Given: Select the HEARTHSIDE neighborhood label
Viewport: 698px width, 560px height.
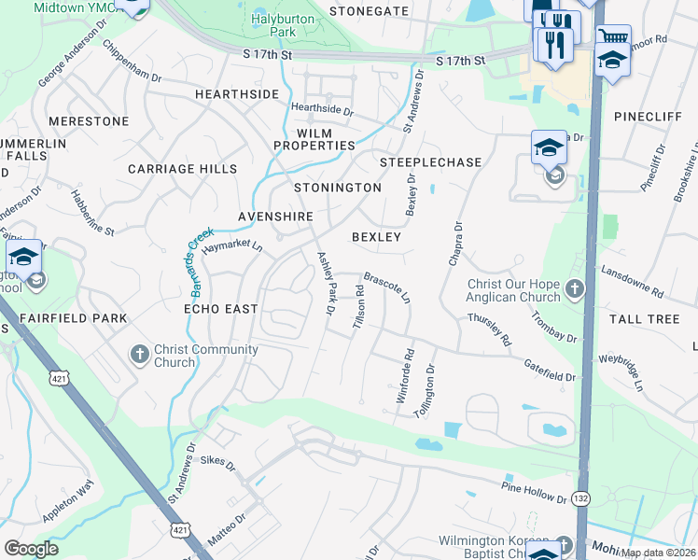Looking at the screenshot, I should pos(237,95).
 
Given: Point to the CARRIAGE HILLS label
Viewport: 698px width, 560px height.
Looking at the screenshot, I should pos(182,169).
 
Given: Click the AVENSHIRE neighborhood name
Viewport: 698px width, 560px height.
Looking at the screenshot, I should pos(275,216).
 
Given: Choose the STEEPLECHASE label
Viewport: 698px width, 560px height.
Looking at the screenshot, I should pos(430,162).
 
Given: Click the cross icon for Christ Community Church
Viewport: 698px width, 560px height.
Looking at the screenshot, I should pos(139,354).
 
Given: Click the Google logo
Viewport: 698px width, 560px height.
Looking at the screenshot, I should pos(32,548).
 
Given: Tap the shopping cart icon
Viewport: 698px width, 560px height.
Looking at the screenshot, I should pos(612,37).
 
